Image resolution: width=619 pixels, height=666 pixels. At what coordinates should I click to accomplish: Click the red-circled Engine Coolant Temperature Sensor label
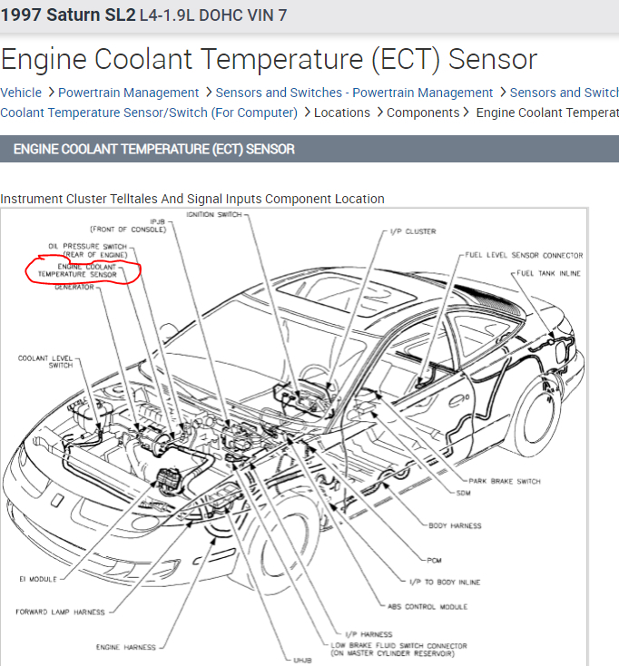click(88, 270)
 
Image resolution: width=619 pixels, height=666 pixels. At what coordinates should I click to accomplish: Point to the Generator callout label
click(74, 287)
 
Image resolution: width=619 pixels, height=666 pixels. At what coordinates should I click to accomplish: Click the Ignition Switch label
click(214, 214)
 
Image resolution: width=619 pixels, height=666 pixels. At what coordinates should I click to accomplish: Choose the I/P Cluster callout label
click(413, 231)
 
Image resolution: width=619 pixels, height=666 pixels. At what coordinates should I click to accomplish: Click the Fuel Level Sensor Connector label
click(523, 255)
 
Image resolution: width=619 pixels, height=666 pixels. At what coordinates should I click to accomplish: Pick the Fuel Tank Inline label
click(549, 273)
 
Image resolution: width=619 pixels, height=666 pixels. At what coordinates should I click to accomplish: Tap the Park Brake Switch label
click(505, 481)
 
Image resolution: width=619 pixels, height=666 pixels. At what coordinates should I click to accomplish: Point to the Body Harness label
click(455, 525)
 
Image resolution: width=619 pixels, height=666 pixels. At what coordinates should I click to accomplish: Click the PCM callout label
click(435, 559)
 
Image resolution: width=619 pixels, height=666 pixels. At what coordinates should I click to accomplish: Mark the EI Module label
click(36, 579)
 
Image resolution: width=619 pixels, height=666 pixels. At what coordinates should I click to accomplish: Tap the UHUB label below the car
click(301, 659)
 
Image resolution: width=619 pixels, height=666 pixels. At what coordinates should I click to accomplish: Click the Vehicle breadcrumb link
click(21, 93)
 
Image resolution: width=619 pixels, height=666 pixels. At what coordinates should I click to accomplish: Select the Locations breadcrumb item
click(342, 113)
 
